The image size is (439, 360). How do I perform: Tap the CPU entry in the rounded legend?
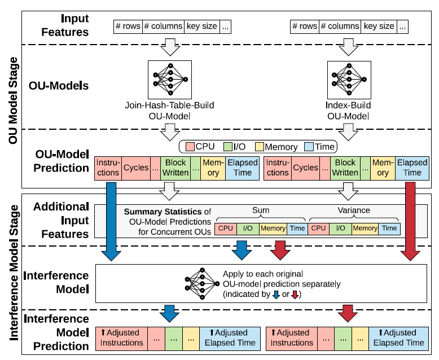202,147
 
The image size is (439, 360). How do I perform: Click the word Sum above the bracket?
260,210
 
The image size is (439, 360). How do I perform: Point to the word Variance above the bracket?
354,210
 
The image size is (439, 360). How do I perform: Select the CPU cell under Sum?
226,228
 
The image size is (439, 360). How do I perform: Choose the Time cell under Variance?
388,228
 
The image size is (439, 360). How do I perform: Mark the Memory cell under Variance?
365,228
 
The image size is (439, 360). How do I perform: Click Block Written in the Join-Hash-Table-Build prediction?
175,168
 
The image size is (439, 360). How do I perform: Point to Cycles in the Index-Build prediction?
305,168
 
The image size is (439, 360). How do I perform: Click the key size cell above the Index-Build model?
379,26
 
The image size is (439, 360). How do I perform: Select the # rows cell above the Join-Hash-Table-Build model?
128,26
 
